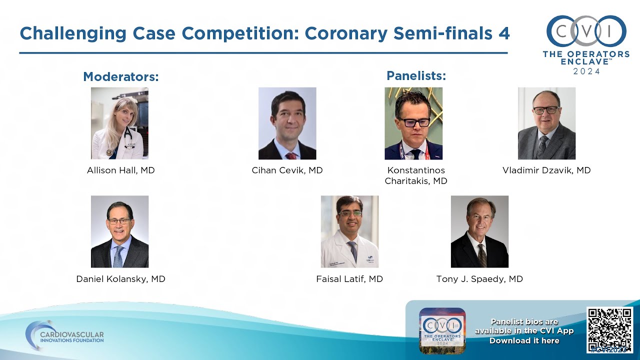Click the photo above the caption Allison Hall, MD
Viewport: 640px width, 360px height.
pyautogui.click(x=119, y=123)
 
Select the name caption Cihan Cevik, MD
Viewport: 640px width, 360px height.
pyautogui.click(x=287, y=170)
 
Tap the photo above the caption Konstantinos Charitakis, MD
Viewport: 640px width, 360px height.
pyautogui.click(x=413, y=123)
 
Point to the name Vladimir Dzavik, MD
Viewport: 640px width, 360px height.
pyautogui.click(x=546, y=170)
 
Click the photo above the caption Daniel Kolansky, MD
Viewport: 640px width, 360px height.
pyautogui.click(x=119, y=231)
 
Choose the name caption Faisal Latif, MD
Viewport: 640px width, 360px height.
pyautogui.click(x=349, y=279)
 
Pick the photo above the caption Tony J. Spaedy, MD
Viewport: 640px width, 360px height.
pyautogui.click(x=479, y=231)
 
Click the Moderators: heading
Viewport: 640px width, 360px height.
pyautogui.click(x=120, y=77)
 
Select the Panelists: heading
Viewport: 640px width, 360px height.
pyautogui.click(x=416, y=76)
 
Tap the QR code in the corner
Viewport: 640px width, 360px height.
pyautogui.click(x=609, y=330)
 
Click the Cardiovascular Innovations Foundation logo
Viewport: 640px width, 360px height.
pyautogui.click(x=65, y=335)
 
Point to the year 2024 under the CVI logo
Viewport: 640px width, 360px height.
pyautogui.click(x=586, y=71)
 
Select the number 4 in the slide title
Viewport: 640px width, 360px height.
pyautogui.click(x=504, y=33)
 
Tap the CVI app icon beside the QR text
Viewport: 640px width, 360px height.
pyautogui.click(x=442, y=330)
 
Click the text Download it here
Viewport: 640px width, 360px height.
pyautogui.click(x=524, y=340)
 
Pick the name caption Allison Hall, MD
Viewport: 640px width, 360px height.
pyautogui.click(x=120, y=170)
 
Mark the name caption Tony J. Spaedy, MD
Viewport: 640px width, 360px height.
pyautogui.click(x=479, y=279)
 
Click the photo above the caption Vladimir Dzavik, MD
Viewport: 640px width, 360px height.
pyautogui.click(x=546, y=123)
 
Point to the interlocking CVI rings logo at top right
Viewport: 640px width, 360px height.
pyautogui.click(x=586, y=31)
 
